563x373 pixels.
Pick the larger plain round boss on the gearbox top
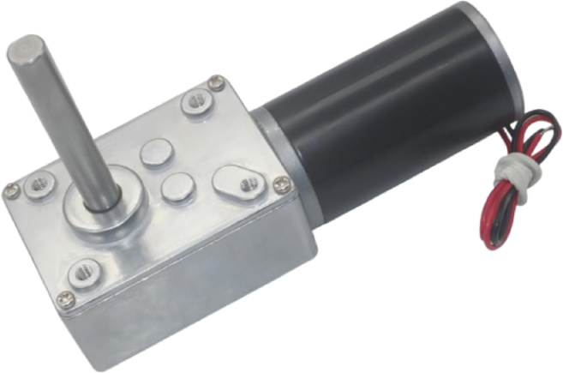click(155, 155)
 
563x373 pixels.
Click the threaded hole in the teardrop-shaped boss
click(249, 183)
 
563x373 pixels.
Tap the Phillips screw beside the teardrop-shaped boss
click(282, 183)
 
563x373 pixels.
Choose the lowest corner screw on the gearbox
click(66, 299)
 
